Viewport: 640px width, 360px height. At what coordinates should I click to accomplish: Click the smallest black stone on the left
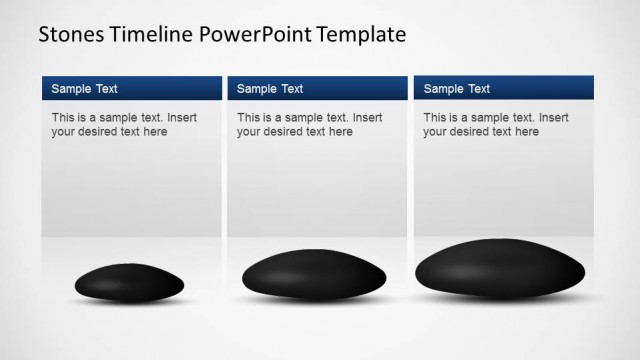click(x=130, y=282)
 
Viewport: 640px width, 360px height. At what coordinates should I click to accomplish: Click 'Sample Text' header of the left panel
click(x=84, y=89)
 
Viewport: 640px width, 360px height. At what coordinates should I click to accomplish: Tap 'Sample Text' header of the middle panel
click(x=270, y=89)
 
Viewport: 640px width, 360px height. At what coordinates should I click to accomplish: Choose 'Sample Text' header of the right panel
click(x=457, y=89)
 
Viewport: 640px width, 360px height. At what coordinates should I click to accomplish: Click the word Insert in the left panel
click(x=181, y=117)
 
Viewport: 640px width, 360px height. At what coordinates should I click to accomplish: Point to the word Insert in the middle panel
click(x=367, y=117)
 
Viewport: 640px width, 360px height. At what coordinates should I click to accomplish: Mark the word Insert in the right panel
click(x=553, y=117)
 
